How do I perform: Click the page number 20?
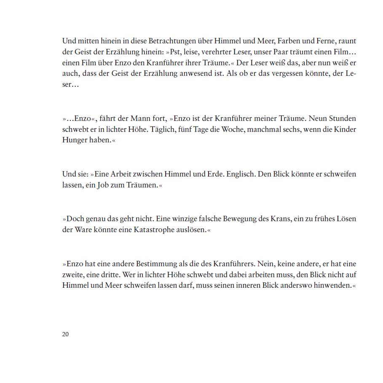[x=65, y=335]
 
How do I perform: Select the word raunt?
[x=347, y=41]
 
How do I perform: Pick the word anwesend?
[x=187, y=74]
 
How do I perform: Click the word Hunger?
[x=75, y=140]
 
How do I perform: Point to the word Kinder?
[x=345, y=129]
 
